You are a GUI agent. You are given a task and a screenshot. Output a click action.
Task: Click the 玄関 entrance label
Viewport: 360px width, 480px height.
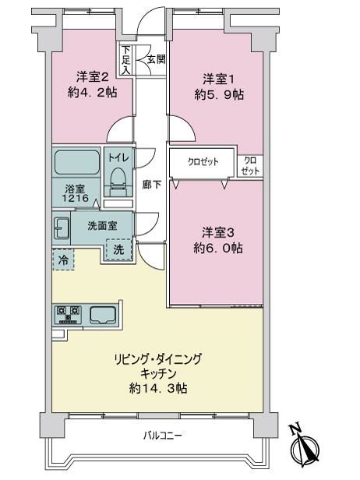157,59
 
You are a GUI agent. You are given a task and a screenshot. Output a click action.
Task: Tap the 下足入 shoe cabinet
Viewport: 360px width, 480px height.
125,60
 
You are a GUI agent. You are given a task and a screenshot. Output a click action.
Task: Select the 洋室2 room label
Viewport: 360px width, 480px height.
93,77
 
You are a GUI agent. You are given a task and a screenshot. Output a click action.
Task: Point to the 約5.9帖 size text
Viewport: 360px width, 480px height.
219,95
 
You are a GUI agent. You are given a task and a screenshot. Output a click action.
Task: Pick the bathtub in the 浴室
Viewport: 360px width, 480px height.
77,162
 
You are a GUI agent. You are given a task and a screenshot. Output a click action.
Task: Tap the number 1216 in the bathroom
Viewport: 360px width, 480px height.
76,198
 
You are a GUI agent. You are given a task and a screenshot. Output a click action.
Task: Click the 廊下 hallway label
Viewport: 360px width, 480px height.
152,184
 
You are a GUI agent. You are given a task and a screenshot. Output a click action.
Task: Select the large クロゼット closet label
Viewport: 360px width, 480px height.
203,162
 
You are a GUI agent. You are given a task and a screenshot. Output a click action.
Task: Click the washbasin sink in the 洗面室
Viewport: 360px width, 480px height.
62,228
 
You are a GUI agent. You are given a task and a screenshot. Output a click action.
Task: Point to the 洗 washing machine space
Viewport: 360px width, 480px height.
119,249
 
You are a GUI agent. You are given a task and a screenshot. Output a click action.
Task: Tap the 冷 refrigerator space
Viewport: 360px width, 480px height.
64,260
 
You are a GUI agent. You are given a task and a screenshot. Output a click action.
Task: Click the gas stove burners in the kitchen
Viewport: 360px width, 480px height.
69,315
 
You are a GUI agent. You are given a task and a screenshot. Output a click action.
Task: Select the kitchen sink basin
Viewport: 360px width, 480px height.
103,314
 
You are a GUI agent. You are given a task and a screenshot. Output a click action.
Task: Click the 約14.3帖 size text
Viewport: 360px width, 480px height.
158,389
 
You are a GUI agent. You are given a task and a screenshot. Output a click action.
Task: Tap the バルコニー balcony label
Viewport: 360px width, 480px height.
163,435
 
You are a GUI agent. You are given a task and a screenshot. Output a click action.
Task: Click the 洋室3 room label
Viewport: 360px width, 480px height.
218,233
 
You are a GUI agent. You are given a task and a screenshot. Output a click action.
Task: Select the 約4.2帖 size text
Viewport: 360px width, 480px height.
93,93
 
